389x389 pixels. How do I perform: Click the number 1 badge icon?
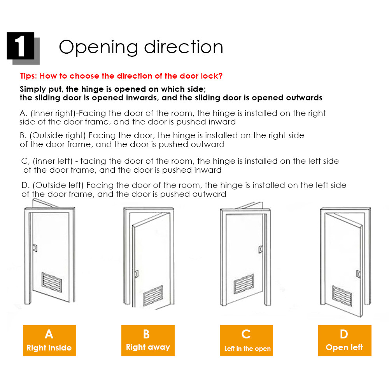21,46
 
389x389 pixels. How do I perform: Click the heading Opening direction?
141,47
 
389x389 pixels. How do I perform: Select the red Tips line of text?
121,76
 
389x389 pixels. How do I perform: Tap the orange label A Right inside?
49,341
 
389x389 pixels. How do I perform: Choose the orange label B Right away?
148,341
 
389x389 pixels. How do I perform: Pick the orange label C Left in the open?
246,341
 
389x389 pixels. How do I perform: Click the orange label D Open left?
345,341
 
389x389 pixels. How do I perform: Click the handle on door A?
35,247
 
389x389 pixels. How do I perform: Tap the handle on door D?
359,274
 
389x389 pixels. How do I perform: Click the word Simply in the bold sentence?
32,89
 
